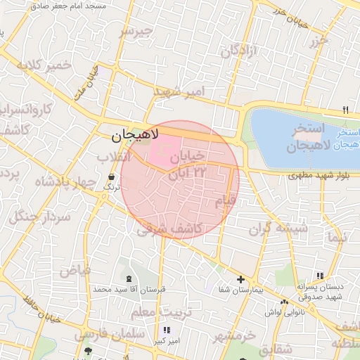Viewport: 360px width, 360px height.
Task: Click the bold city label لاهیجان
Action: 135,134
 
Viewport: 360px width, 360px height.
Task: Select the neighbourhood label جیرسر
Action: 135,32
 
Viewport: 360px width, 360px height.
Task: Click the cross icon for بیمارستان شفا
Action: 240,279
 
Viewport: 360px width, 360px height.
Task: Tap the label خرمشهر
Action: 234,336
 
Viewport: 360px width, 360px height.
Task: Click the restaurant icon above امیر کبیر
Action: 166,330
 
